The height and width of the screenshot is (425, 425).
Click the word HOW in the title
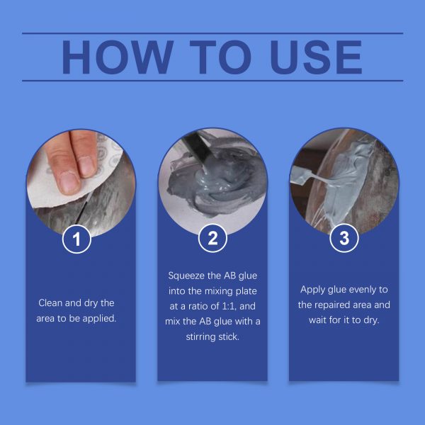coord(118,57)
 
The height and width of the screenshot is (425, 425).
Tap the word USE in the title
coord(316,57)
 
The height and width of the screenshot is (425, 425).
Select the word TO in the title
coord(220,57)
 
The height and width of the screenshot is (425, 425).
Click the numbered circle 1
coord(76,239)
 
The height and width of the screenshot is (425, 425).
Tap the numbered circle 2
coord(212,238)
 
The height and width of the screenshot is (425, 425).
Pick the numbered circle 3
coord(344,238)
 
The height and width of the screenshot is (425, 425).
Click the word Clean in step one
coord(50,302)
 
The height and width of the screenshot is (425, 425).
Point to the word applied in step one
coord(99,319)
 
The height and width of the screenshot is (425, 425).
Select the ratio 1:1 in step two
coord(229,306)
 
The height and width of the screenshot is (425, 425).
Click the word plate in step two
coord(246,291)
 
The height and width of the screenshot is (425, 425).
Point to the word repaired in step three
coord(329,305)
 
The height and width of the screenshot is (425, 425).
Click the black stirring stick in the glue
coord(196,148)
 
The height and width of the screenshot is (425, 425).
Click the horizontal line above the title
coord(212,33)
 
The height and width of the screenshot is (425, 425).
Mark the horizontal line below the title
coord(212,81)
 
